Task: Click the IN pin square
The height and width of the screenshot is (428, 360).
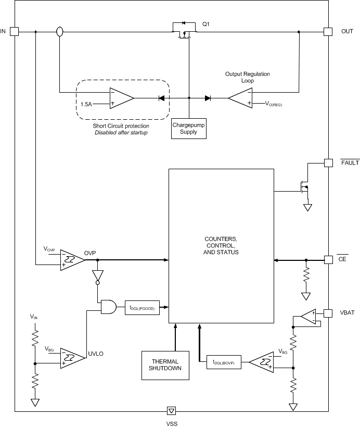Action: point(14,31)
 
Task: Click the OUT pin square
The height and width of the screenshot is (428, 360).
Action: point(328,31)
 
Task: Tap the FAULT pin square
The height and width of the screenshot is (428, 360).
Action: point(328,162)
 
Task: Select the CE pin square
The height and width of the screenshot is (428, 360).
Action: point(328,259)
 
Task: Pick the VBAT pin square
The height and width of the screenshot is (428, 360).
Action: point(328,313)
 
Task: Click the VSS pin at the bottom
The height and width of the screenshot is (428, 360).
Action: point(171,411)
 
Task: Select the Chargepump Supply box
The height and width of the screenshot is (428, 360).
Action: point(189,129)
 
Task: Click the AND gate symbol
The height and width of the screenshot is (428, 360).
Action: point(108,307)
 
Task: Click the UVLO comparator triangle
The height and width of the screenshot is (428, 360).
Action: point(72,358)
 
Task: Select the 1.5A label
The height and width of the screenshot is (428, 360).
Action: point(86,104)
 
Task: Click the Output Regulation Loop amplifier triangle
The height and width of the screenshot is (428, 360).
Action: point(241,98)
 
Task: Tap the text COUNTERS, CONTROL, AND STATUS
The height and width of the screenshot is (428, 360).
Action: point(221,245)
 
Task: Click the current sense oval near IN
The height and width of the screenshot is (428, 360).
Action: point(59,32)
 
